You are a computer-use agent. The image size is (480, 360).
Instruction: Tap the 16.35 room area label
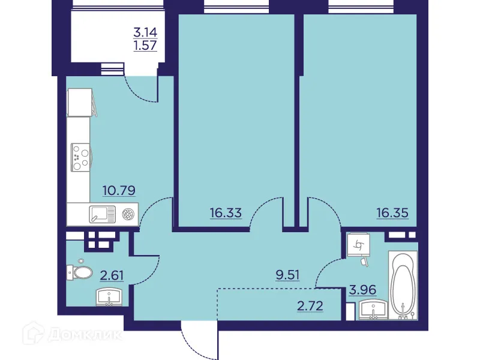[393, 212]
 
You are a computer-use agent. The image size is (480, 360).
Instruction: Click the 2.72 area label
[311, 305]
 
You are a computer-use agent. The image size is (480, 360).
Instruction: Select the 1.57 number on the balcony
[145, 47]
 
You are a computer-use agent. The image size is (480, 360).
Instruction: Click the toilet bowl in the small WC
[79, 272]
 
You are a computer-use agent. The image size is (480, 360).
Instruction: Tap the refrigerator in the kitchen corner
[80, 103]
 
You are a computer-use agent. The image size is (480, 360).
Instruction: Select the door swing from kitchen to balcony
[142, 89]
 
